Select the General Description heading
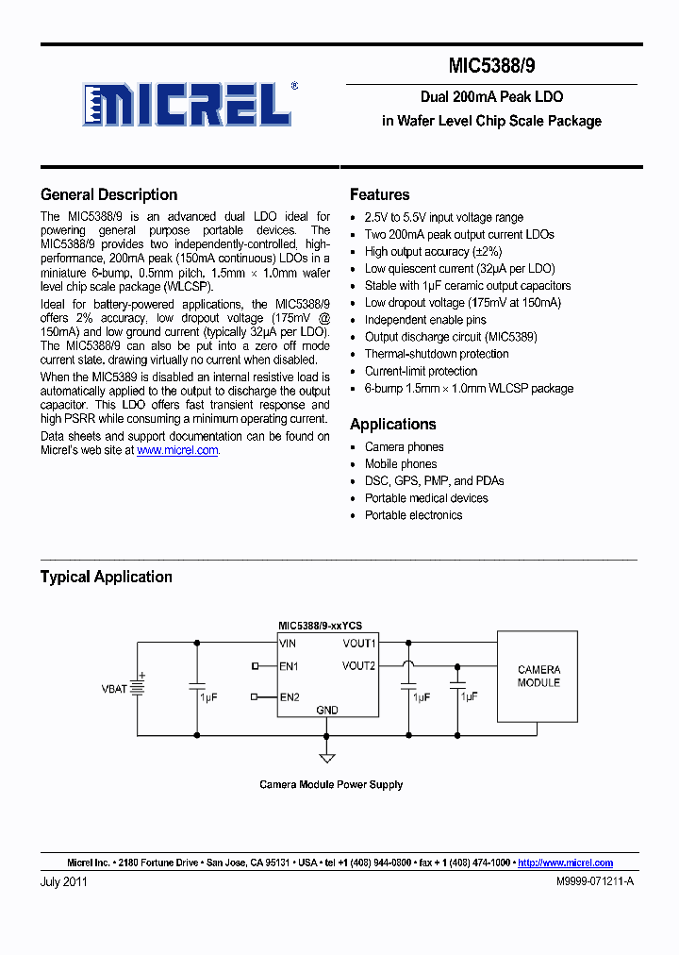(x=108, y=195)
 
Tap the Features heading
(x=379, y=195)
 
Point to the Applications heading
(x=392, y=425)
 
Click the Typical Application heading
(x=106, y=577)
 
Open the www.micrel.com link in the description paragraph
(x=177, y=451)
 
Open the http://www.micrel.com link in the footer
(x=566, y=863)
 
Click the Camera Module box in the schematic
(x=538, y=676)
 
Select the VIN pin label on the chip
(x=289, y=644)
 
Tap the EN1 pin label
(x=289, y=666)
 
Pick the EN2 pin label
(x=289, y=697)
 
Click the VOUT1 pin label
(x=359, y=644)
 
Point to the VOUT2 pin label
(x=359, y=665)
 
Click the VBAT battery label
(x=114, y=689)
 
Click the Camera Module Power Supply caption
(x=331, y=784)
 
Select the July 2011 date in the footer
(x=64, y=881)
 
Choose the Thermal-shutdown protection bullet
(x=437, y=354)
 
